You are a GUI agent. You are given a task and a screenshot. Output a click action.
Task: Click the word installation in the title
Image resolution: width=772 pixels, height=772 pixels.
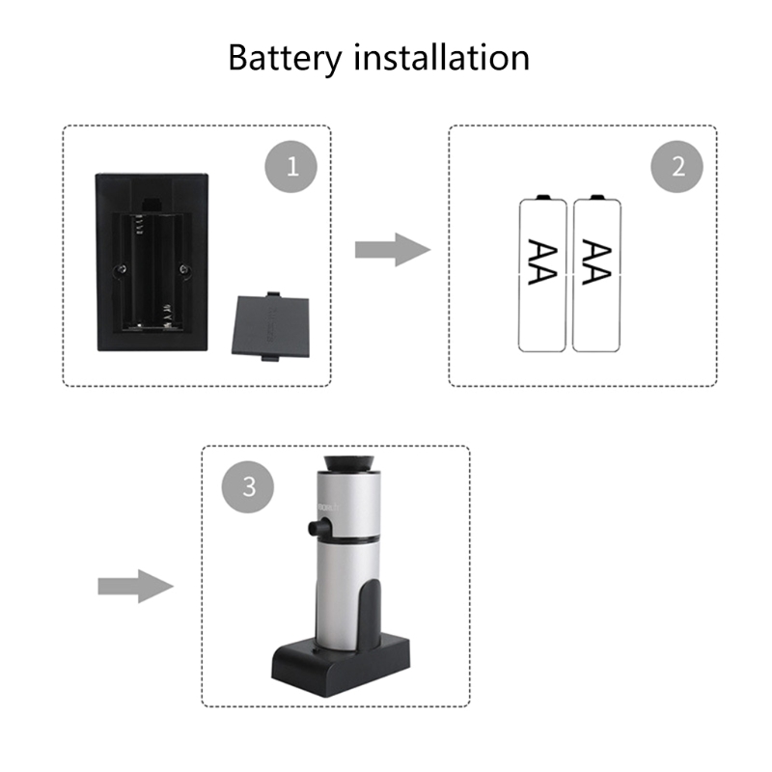point(442,57)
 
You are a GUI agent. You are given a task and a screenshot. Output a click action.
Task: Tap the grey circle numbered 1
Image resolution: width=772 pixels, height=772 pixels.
point(291,167)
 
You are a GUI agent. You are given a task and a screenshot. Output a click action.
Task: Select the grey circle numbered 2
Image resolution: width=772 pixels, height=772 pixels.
point(677,167)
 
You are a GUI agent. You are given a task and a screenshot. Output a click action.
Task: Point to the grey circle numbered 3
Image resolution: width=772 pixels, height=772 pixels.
point(249,486)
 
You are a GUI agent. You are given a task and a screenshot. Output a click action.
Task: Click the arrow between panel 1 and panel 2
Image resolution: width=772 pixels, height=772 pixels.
point(392,250)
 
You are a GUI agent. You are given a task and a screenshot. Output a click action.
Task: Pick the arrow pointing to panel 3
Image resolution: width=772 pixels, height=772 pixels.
point(134,585)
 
